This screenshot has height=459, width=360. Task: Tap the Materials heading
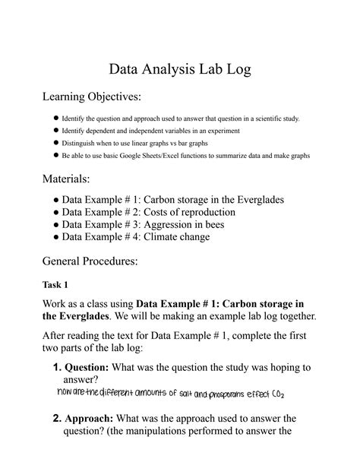[65, 179]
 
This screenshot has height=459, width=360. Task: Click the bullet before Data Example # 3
[56, 225]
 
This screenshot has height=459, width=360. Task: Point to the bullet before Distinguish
[56, 143]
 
